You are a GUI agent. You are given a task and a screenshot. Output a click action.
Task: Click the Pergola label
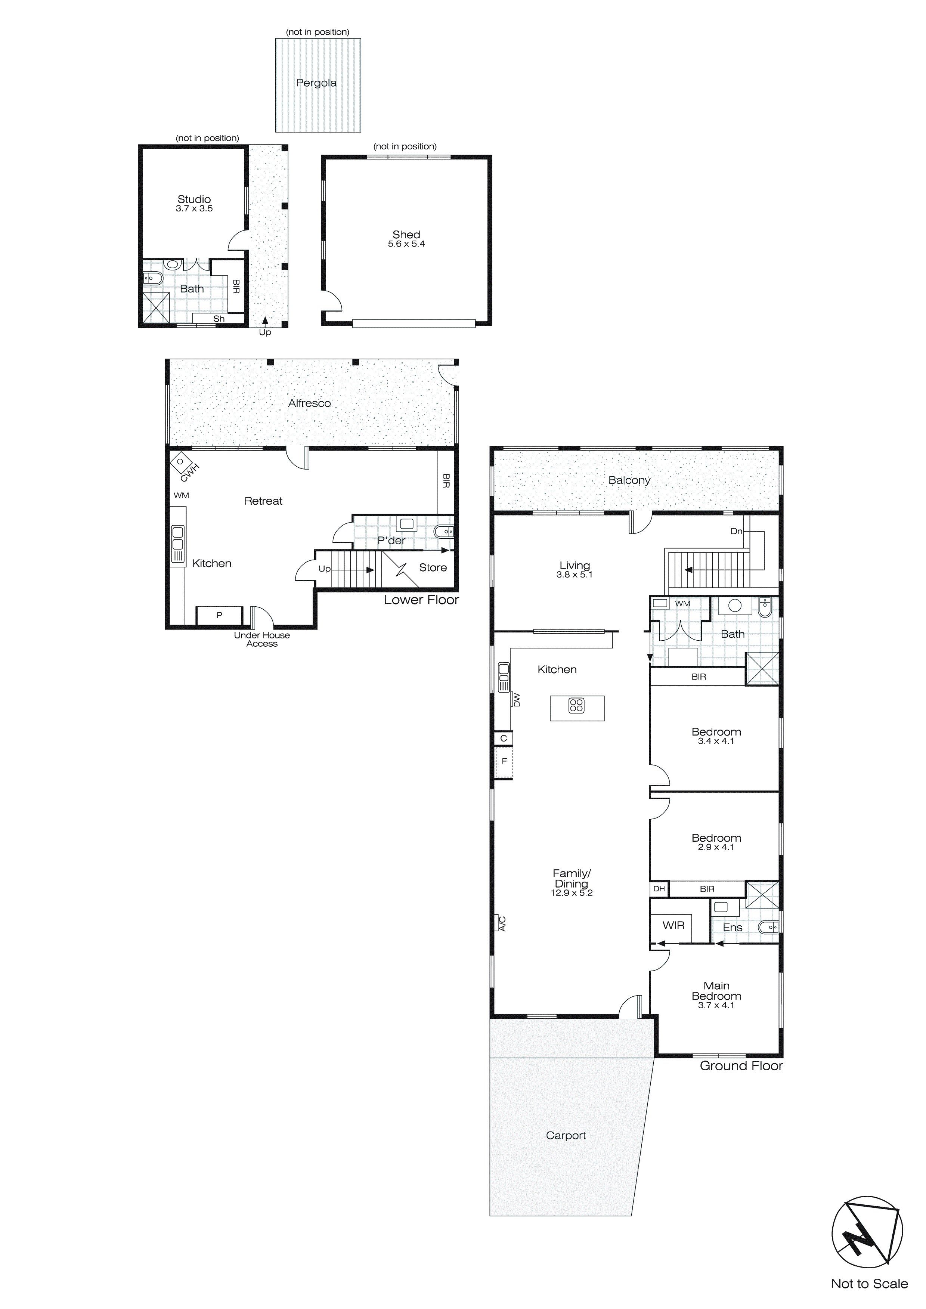(x=316, y=83)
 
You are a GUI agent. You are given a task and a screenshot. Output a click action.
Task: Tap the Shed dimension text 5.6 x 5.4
(x=406, y=244)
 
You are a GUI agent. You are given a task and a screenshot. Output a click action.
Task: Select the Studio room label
(x=194, y=199)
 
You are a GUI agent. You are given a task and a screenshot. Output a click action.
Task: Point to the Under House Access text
(x=262, y=639)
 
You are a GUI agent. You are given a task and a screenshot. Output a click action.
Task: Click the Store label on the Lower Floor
(x=433, y=567)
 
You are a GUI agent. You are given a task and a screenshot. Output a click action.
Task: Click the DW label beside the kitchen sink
(x=517, y=700)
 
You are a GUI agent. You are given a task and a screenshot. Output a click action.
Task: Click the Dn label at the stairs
(x=736, y=531)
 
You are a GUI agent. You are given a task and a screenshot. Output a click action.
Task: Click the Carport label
(x=566, y=1135)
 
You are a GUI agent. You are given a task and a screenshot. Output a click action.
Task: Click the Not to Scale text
(x=869, y=1283)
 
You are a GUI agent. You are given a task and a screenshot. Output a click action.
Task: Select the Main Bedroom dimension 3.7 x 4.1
(x=716, y=1005)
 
